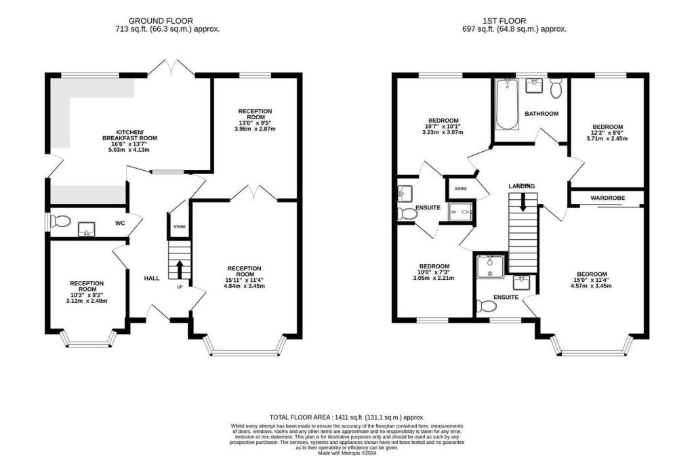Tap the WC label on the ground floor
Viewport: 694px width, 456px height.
[x=120, y=222]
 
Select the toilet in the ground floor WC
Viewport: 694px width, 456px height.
[x=60, y=221]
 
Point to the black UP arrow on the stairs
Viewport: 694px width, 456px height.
[x=180, y=270]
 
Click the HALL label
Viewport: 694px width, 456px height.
[x=151, y=278]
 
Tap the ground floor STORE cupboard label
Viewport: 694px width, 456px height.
[x=179, y=227]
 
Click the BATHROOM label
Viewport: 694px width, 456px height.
[x=542, y=114]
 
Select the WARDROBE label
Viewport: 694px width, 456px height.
[x=607, y=198]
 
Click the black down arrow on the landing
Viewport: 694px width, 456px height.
[x=523, y=202]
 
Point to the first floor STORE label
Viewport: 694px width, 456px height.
[x=461, y=188]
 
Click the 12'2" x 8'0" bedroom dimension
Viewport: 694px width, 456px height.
[x=607, y=134]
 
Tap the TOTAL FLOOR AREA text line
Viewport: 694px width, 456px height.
[x=346, y=417]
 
